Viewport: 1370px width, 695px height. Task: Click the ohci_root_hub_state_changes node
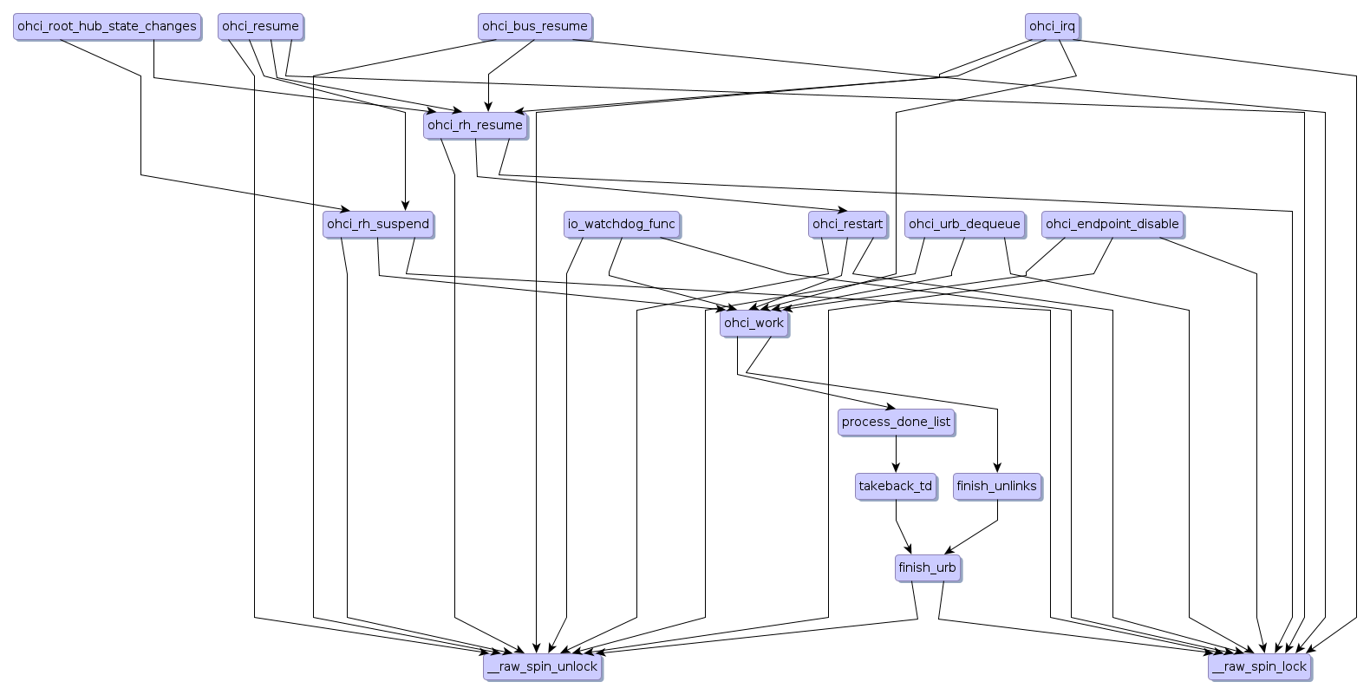click(x=107, y=26)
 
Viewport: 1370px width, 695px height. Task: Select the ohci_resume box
click(x=260, y=26)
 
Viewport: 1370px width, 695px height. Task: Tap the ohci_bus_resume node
click(x=535, y=26)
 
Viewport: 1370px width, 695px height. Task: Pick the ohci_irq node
click(x=1052, y=26)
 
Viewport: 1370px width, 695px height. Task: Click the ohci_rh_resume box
click(x=475, y=125)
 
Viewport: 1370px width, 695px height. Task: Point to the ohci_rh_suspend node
click(x=378, y=224)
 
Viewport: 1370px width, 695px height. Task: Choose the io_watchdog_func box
click(x=621, y=224)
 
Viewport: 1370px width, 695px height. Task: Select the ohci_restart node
click(x=847, y=224)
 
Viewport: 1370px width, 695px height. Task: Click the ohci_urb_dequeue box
click(x=963, y=224)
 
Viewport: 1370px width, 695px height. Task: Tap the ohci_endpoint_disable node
click(x=1112, y=224)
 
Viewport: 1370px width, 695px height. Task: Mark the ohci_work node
click(x=753, y=323)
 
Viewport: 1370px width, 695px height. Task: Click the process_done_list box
click(x=896, y=422)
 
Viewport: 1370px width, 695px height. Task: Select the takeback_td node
click(x=896, y=486)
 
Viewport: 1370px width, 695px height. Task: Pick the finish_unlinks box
click(x=996, y=486)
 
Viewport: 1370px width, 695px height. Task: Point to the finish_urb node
click(x=927, y=568)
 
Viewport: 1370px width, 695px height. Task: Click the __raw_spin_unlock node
click(x=542, y=666)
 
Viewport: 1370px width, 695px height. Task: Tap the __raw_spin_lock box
click(x=1259, y=666)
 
